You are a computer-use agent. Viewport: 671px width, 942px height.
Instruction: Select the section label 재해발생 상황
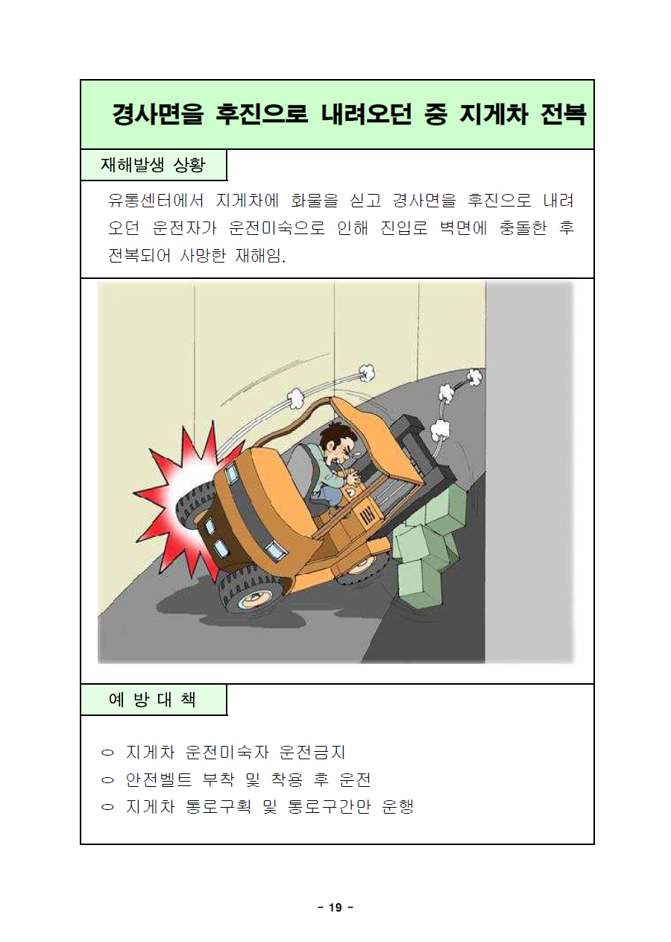(x=153, y=164)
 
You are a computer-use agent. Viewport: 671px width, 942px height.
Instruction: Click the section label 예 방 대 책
(x=152, y=711)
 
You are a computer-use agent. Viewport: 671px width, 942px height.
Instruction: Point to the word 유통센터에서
(x=156, y=200)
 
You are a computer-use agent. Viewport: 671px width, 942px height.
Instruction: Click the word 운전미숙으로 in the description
(x=277, y=228)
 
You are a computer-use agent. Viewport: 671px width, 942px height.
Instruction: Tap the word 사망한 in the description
(x=203, y=255)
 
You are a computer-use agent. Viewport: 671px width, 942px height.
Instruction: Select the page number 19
(x=335, y=907)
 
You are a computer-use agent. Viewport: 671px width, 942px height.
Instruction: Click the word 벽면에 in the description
(x=463, y=228)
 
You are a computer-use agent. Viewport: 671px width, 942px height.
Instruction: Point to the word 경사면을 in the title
(x=157, y=114)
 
